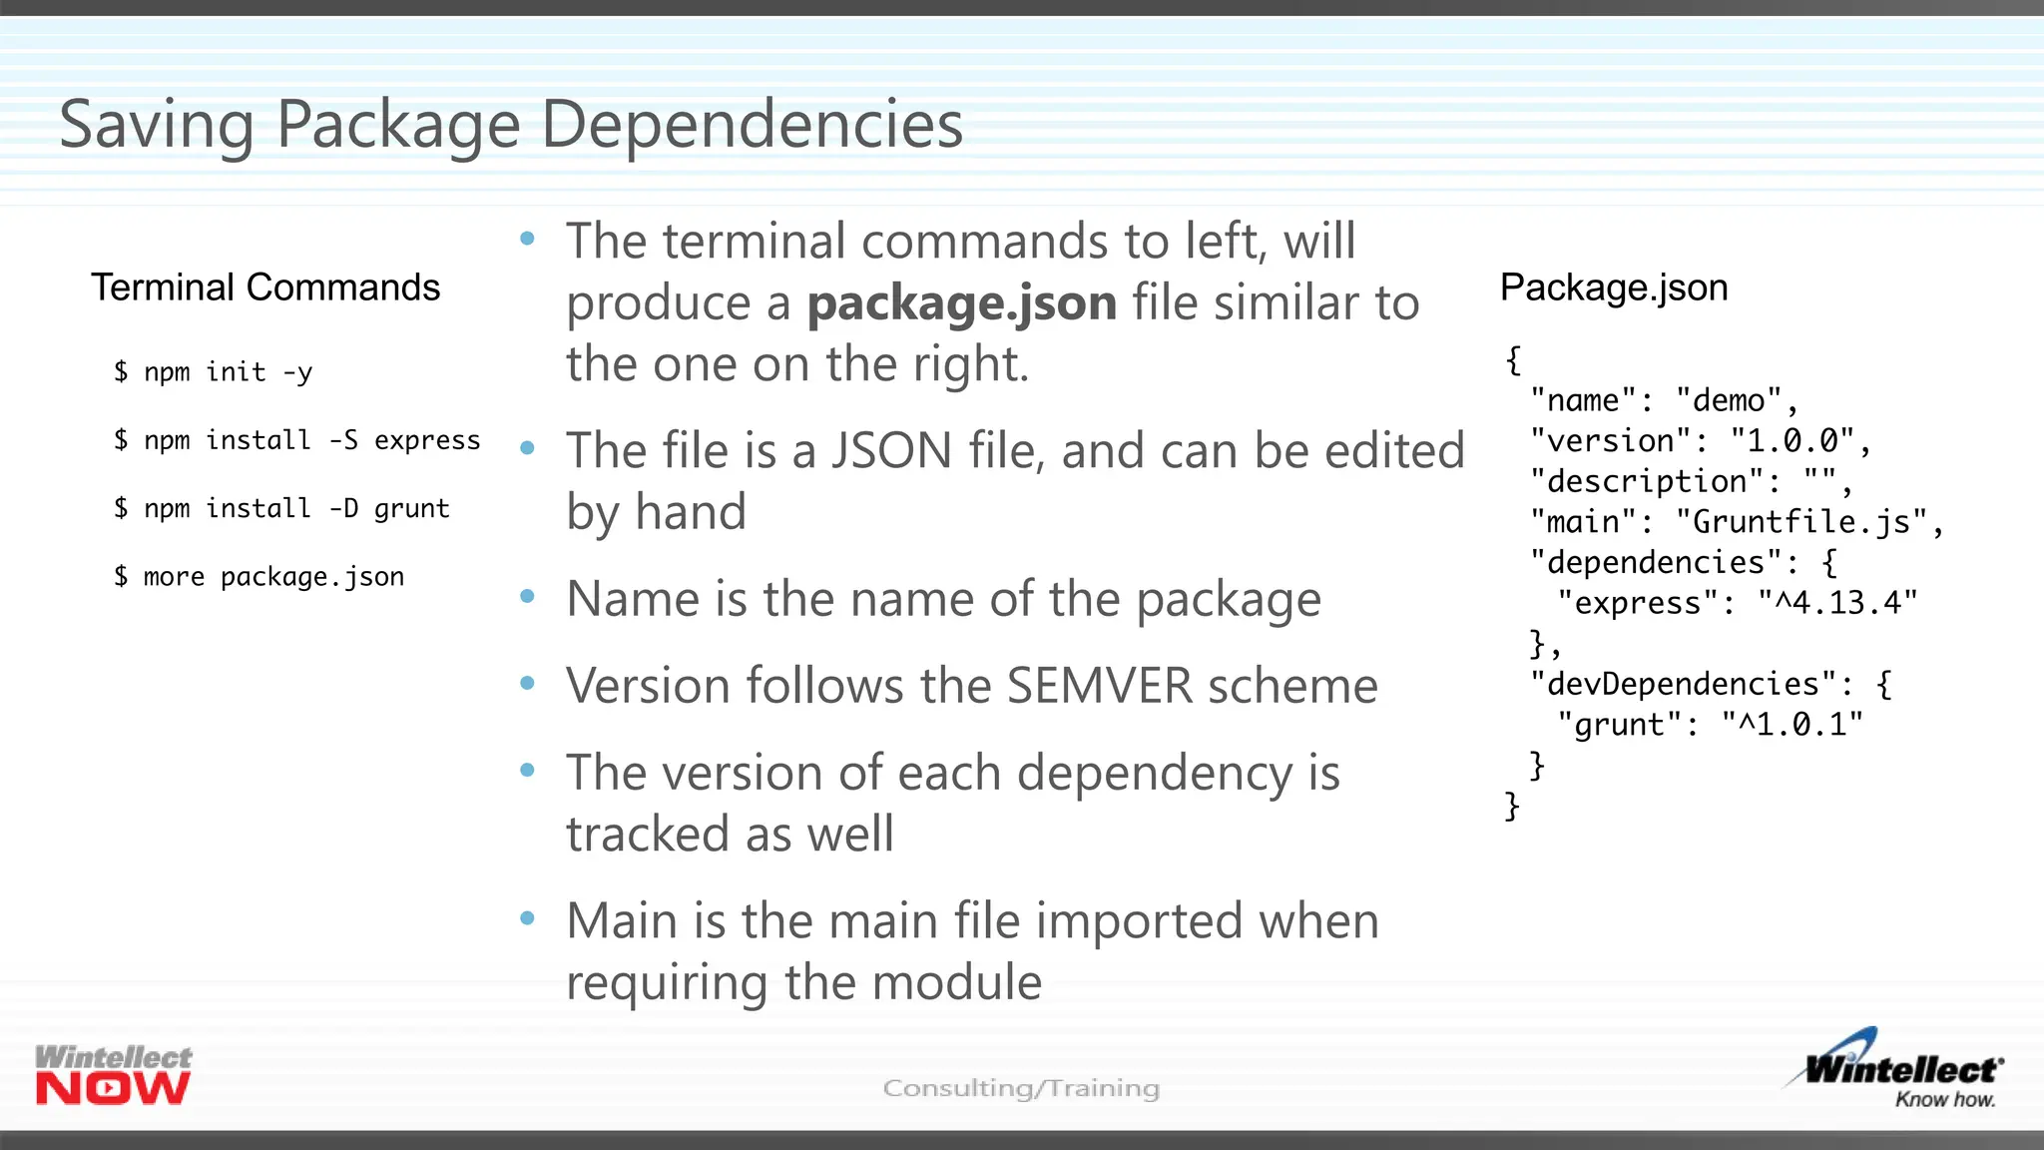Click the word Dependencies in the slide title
(x=752, y=126)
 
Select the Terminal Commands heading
(x=265, y=287)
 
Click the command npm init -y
(x=213, y=372)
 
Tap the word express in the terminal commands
(x=427, y=440)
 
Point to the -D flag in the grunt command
(x=343, y=508)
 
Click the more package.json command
(x=258, y=577)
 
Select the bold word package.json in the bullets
(x=961, y=302)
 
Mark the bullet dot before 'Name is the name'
(x=528, y=597)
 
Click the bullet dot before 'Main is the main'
(x=528, y=918)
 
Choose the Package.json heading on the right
(x=1614, y=287)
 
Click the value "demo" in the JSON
(x=1729, y=400)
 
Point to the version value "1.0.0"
(x=1792, y=440)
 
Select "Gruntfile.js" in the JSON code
(x=1801, y=521)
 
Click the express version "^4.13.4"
(x=1837, y=603)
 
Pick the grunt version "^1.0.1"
(x=1791, y=725)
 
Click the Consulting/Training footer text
(x=1021, y=1088)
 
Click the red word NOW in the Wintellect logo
(x=113, y=1089)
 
